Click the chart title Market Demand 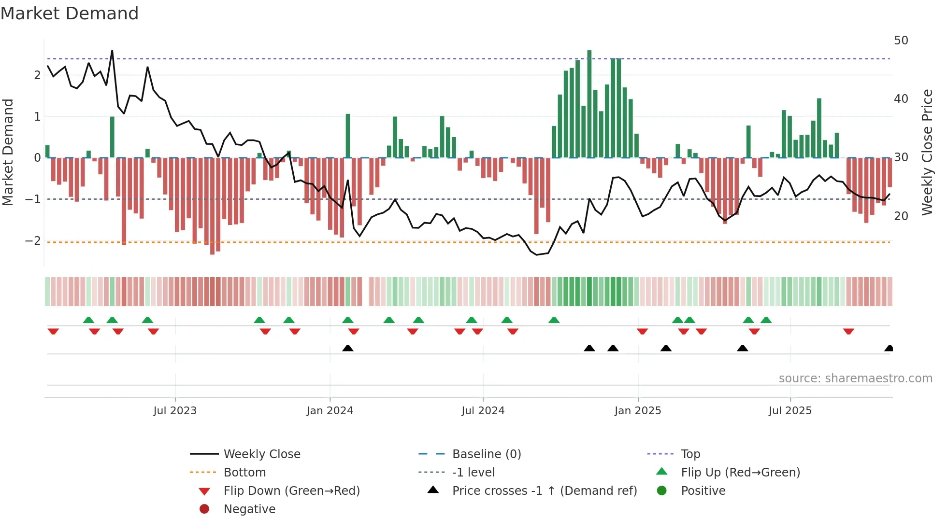coord(70,14)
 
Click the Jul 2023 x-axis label coord(175,411)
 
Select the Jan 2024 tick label coord(330,411)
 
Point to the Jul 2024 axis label coord(483,411)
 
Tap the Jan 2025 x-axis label coord(638,411)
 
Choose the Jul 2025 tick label coord(790,411)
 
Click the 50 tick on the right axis coord(901,41)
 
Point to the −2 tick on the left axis coord(33,241)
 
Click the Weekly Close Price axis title coord(927,152)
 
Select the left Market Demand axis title coord(8,152)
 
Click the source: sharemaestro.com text coord(855,378)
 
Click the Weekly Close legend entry coord(261,454)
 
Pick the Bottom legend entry coord(244,473)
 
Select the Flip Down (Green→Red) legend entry coord(291,491)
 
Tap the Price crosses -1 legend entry coord(544,491)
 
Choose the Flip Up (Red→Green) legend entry coord(740,473)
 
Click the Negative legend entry coord(249,509)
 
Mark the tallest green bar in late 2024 coord(589,104)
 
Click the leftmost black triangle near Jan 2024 coord(347,348)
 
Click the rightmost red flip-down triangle coord(848,331)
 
